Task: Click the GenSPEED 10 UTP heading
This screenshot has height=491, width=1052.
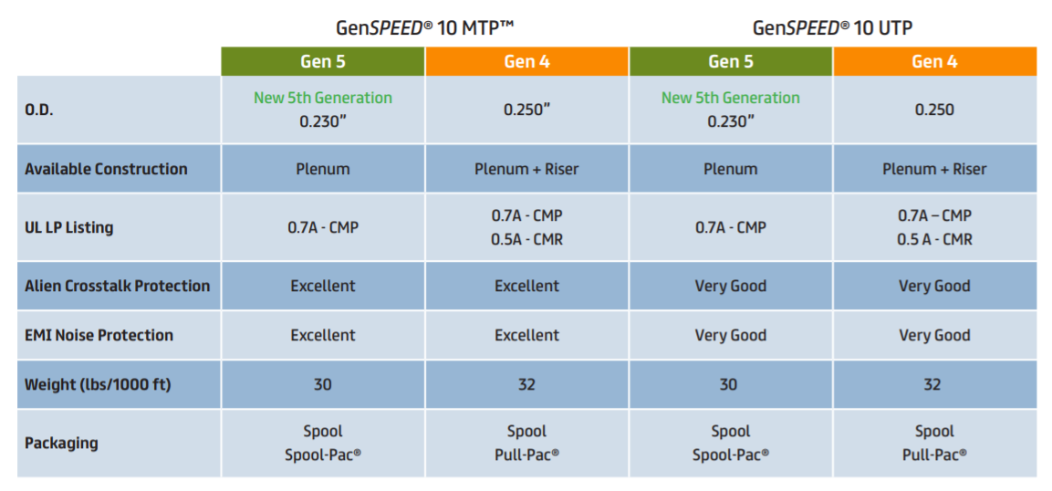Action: pyautogui.click(x=831, y=27)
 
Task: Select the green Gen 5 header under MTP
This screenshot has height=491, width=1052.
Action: pyautogui.click(x=323, y=61)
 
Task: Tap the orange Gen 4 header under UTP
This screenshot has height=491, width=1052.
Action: pyautogui.click(x=934, y=61)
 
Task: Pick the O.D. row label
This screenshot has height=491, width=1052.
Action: pyautogui.click(x=38, y=110)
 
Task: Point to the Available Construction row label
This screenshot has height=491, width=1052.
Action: pyautogui.click(x=106, y=169)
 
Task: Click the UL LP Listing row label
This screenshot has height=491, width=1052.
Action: pyautogui.click(x=69, y=227)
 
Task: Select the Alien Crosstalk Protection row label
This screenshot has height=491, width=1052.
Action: pyautogui.click(x=117, y=286)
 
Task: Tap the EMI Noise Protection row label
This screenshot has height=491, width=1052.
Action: pyautogui.click(x=99, y=335)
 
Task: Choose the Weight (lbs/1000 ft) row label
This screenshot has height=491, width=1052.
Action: pyautogui.click(x=98, y=384)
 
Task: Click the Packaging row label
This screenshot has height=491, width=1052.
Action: pyautogui.click(x=61, y=443)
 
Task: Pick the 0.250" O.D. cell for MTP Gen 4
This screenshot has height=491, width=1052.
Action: pyautogui.click(x=526, y=110)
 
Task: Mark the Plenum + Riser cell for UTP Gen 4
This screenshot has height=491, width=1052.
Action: pyautogui.click(x=934, y=169)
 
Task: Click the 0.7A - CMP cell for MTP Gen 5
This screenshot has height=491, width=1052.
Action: pyautogui.click(x=323, y=227)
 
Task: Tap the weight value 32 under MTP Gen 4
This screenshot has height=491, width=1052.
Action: pyautogui.click(x=526, y=384)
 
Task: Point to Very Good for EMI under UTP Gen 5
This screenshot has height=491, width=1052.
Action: pyautogui.click(x=731, y=335)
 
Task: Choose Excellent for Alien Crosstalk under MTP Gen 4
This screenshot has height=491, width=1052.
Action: pyautogui.click(x=526, y=286)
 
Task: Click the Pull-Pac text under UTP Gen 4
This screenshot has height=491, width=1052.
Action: pyautogui.click(x=934, y=454)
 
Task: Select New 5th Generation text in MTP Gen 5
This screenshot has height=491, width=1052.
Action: pyautogui.click(x=323, y=98)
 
